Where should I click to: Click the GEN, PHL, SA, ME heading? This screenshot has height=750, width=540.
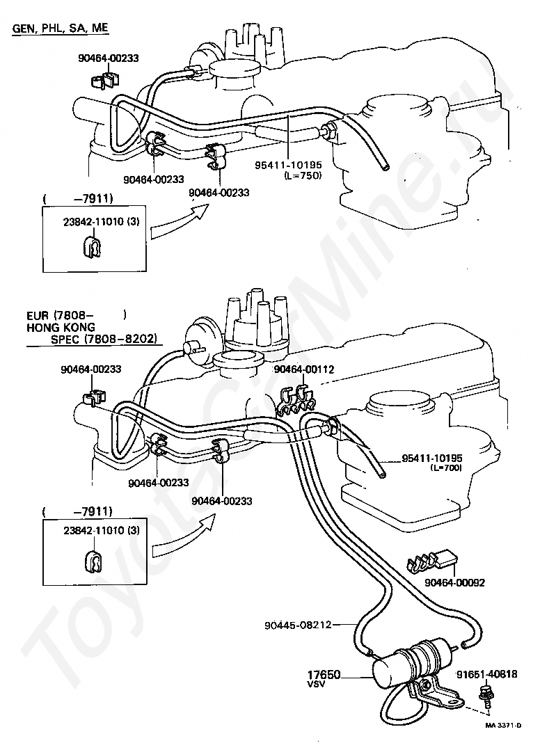pos(61,29)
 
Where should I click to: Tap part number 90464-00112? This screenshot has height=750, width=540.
pos(303,369)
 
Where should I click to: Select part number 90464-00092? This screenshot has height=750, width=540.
pos(454,582)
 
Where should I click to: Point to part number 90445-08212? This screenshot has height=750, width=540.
pos(298,625)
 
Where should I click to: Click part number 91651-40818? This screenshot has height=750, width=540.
pos(486,674)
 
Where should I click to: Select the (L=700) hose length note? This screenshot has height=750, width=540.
pos(446,468)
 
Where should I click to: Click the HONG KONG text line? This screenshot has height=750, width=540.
pos(61,328)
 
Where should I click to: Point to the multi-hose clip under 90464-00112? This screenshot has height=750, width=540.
pos(295,399)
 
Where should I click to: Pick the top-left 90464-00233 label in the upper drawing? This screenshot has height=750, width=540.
pos(109,58)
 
